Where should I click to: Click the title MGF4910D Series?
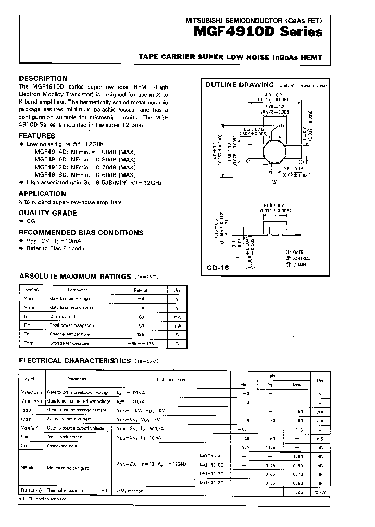click(x=258, y=32)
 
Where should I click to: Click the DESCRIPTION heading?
click(x=43, y=78)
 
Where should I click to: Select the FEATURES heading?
click(x=37, y=135)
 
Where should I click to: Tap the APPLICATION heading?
click(x=43, y=193)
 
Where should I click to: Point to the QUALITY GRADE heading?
click(x=48, y=213)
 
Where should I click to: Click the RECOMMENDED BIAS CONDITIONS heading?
click(x=81, y=233)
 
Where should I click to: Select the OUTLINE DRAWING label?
click(x=240, y=85)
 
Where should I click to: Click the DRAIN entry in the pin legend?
click(x=297, y=265)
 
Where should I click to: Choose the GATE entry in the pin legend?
click(x=296, y=252)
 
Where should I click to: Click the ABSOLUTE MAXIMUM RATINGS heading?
click(x=75, y=277)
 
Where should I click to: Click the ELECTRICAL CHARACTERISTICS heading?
click(x=74, y=360)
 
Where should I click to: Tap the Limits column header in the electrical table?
click(x=269, y=375)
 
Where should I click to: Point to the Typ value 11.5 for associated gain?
click(x=270, y=448)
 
